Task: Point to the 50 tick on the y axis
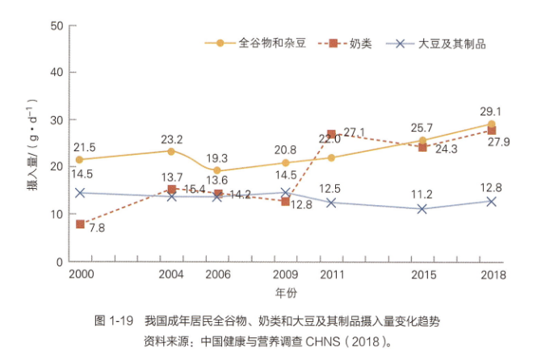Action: click(57, 25)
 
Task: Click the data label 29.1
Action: click(490, 112)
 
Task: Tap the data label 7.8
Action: click(97, 228)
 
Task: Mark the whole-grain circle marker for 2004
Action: click(171, 151)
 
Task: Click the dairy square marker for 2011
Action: click(331, 134)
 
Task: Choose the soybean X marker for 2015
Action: click(422, 208)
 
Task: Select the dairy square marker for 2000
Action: click(80, 224)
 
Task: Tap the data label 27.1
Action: click(354, 132)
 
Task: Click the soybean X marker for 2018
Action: click(491, 201)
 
